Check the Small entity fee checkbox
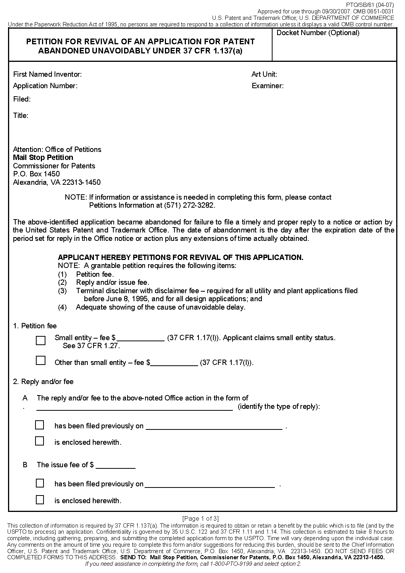point(40,340)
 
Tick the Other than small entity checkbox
point(40,360)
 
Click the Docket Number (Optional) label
point(318,33)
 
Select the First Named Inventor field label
point(47,74)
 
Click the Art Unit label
point(264,74)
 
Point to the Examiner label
point(267,86)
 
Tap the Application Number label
point(45,86)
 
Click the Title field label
point(21,116)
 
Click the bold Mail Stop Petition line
point(43,158)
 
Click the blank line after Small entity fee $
point(140,338)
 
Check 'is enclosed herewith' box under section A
point(40,441)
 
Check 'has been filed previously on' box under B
point(40,483)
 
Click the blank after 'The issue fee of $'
point(116,465)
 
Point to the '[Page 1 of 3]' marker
point(200,518)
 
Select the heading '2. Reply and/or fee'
point(43,382)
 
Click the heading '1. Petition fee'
point(35,326)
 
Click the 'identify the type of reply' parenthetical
point(279,407)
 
